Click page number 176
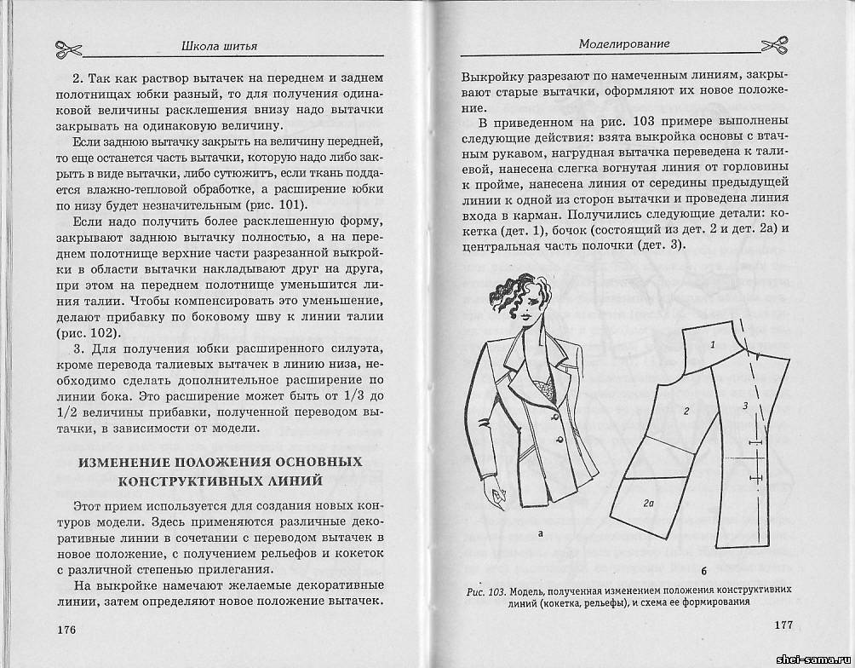(x=65, y=630)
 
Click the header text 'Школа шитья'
(x=220, y=45)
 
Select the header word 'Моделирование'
(x=623, y=43)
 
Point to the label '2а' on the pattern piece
(x=648, y=503)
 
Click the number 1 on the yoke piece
(x=712, y=344)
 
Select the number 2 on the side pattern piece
(x=686, y=411)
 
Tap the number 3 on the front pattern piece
(x=744, y=406)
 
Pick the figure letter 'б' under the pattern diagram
(x=704, y=569)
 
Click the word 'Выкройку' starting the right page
(x=490, y=74)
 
